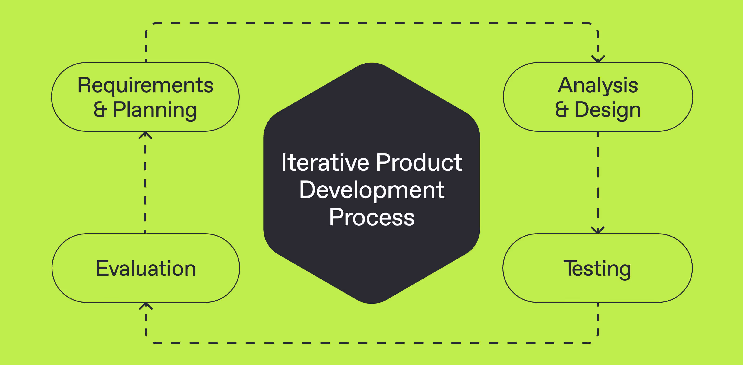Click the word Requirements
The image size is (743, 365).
click(145, 85)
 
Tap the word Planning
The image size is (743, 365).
click(155, 110)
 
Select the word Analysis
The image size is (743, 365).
click(598, 85)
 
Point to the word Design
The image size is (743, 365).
click(607, 110)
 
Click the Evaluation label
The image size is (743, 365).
click(146, 269)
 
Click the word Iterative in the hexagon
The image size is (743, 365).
click(325, 163)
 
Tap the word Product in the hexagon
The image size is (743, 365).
click(419, 163)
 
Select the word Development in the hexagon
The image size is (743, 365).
click(372, 190)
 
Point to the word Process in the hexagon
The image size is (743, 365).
click(372, 218)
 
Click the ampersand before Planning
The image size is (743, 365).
click(100, 110)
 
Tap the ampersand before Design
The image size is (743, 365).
click(562, 110)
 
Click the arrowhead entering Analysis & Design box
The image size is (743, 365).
click(598, 59)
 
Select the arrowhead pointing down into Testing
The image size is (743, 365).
click(597, 231)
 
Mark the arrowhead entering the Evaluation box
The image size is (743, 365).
click(146, 306)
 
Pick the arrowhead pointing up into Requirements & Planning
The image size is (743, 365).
click(145, 135)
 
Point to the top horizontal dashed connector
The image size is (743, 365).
click(372, 23)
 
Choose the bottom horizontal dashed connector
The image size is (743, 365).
click(372, 343)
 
